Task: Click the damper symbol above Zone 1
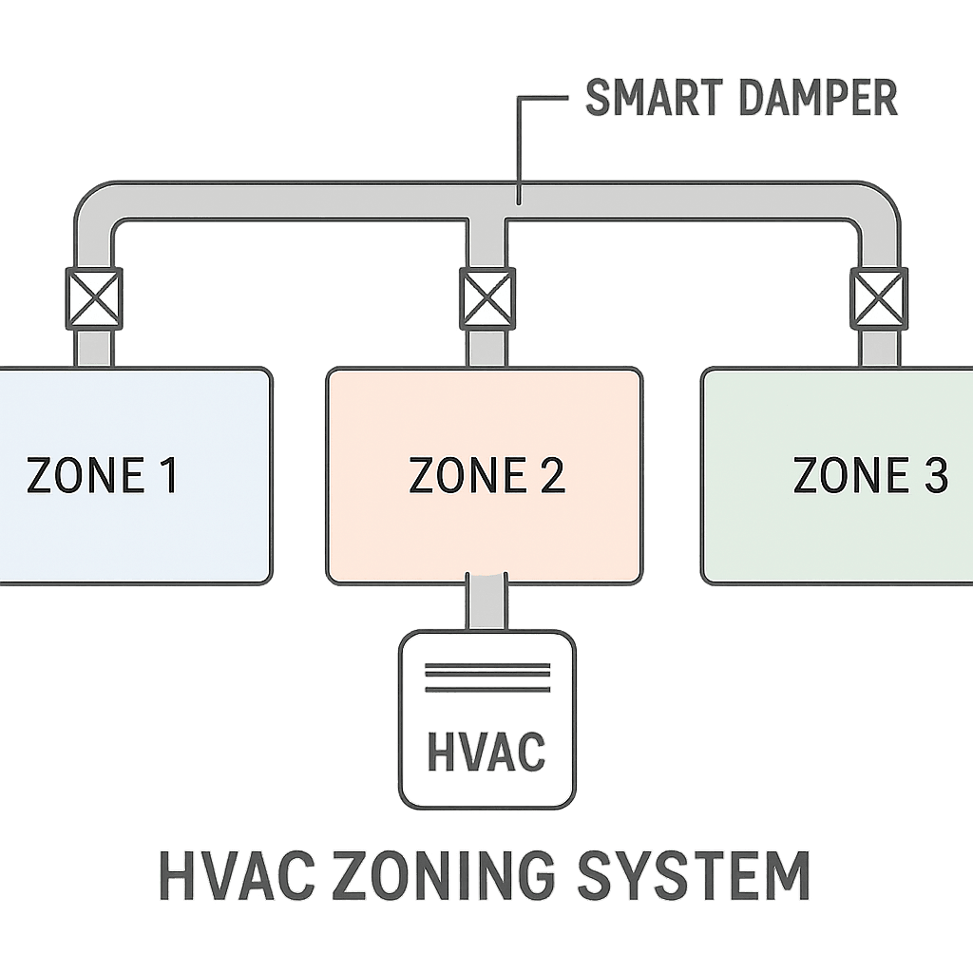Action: (x=93, y=298)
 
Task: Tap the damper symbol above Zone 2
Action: (x=487, y=296)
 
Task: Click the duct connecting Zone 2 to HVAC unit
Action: (x=486, y=603)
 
